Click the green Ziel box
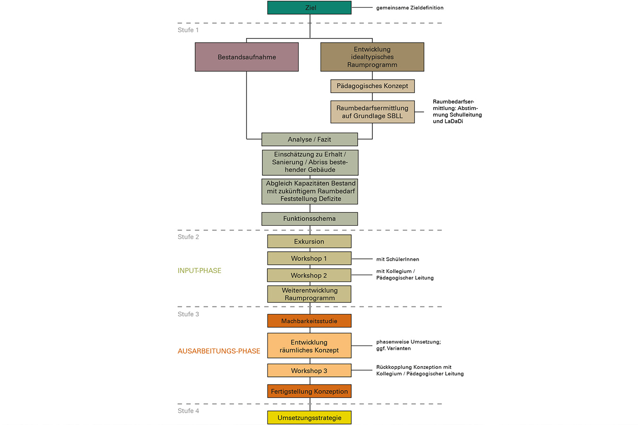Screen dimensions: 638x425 (310, 8)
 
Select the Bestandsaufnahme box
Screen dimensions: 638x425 (247, 57)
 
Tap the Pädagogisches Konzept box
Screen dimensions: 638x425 (372, 86)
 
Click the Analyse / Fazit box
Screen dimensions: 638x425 (310, 139)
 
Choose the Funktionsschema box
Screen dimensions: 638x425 (310, 219)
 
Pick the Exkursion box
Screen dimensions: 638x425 (310, 241)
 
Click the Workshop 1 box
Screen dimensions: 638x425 (310, 258)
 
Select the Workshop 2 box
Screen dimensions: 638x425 (309, 275)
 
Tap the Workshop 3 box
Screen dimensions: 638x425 (310, 370)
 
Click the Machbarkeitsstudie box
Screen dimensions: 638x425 (310, 321)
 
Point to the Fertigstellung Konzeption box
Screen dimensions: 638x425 (310, 391)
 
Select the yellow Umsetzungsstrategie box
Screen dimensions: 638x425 (310, 417)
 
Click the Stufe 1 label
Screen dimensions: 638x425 (188, 30)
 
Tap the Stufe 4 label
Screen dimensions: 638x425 (188, 411)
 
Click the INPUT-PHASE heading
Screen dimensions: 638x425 (199, 271)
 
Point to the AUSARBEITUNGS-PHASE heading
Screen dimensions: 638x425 (219, 351)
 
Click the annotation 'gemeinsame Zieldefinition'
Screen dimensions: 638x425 (410, 8)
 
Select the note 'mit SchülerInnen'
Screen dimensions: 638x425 (397, 259)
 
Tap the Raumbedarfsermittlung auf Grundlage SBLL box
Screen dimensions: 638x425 (372, 112)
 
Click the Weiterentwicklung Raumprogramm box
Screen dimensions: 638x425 (310, 294)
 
